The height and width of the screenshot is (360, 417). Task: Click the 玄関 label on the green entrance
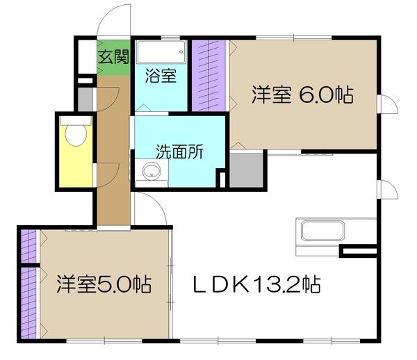click(112, 58)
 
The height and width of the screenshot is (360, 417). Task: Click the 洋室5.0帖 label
click(105, 284)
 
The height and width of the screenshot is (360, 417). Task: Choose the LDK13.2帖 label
click(256, 284)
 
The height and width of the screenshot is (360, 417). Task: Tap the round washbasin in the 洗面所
click(149, 171)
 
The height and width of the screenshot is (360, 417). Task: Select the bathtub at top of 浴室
click(161, 53)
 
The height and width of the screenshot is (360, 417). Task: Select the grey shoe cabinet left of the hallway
click(87, 99)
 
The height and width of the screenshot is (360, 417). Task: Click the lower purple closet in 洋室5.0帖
click(29, 303)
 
